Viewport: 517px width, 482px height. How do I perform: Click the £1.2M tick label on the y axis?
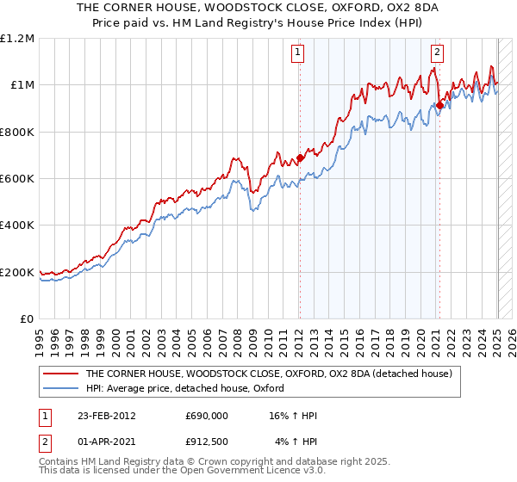click(x=17, y=38)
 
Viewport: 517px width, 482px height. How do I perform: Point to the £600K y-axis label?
click(x=17, y=179)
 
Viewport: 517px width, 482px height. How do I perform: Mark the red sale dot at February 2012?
click(x=300, y=158)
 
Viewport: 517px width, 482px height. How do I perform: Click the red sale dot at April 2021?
click(x=439, y=105)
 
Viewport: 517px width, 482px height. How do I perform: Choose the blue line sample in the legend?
click(x=61, y=388)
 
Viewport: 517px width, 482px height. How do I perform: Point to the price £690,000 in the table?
click(x=207, y=416)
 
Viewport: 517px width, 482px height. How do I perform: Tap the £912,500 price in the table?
click(x=207, y=442)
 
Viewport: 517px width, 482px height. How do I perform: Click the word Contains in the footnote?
click(x=60, y=463)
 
